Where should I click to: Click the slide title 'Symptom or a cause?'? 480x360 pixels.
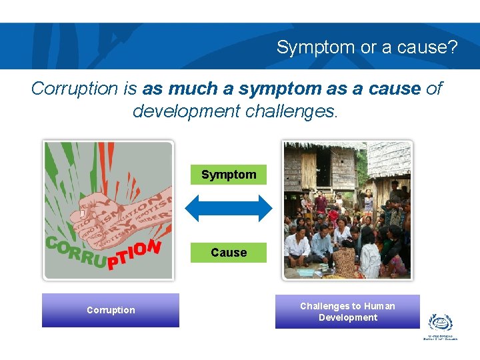pos(367,47)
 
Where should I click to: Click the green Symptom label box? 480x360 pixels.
pos(229,175)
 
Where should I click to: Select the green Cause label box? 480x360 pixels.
pos(229,253)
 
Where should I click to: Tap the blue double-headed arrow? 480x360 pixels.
pos(229,209)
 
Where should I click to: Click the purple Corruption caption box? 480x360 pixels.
pos(111,310)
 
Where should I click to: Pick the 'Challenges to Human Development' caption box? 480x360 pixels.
pos(347,311)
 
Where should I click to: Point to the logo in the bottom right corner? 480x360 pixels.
pos(440,326)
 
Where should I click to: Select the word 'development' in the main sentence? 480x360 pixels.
pos(187,111)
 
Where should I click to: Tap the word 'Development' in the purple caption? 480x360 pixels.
pos(347,317)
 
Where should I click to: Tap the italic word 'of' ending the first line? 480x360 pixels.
pos(433,89)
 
